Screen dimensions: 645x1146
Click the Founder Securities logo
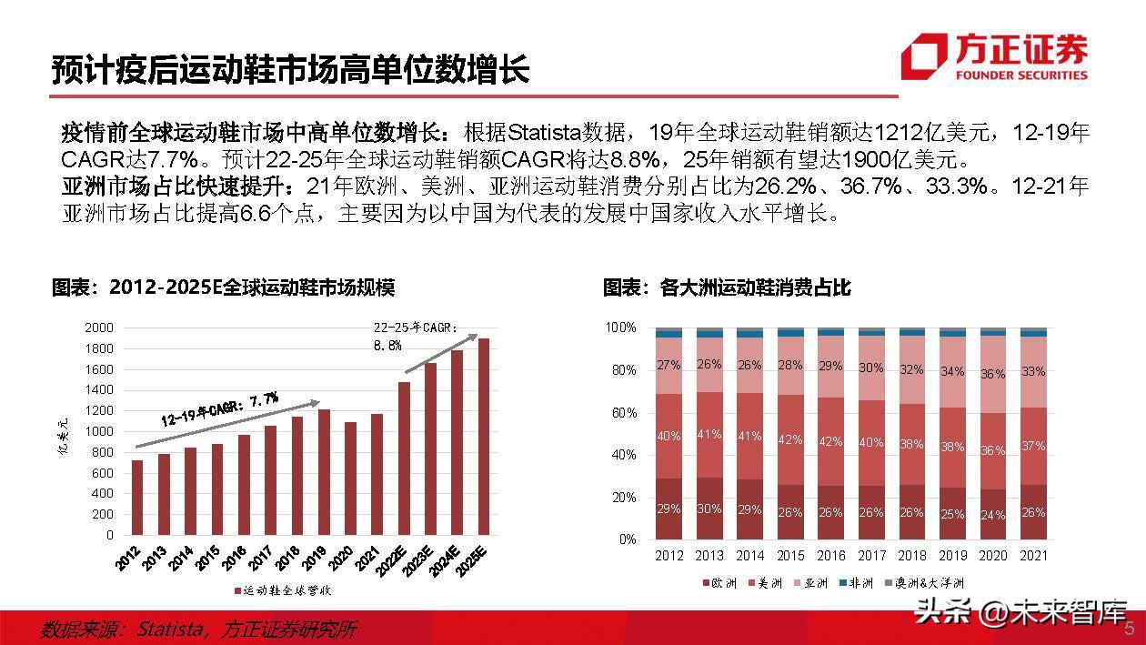tap(995, 56)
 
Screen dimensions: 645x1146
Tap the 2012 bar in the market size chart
tap(136, 499)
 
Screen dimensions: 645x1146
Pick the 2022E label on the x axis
tap(397, 558)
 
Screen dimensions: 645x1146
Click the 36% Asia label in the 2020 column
tap(992, 374)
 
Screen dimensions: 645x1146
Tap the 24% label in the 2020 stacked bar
tap(992, 515)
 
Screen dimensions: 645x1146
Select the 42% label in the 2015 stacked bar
tap(790, 439)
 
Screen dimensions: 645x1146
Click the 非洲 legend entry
tap(856, 583)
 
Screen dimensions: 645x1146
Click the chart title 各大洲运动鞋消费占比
tap(727, 288)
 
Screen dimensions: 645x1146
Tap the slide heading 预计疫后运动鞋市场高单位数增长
tap(290, 70)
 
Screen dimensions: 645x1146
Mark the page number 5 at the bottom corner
tap(1130, 630)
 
